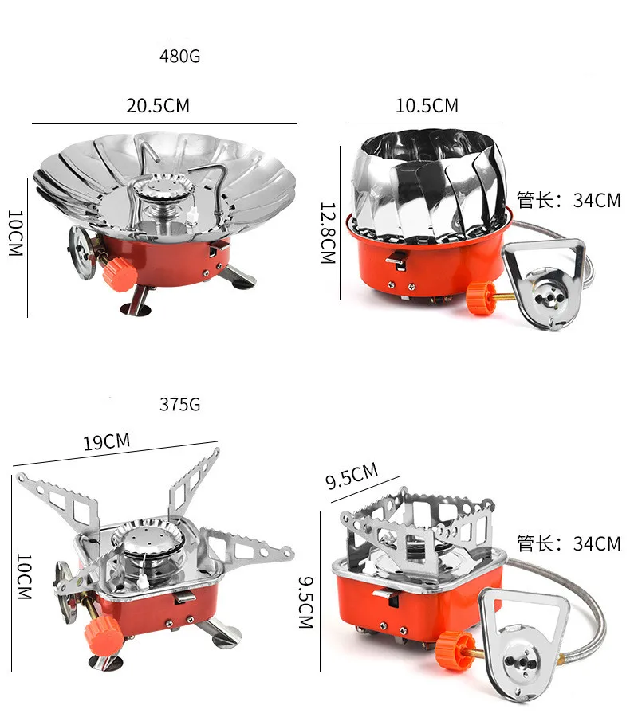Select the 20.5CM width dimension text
pyautogui.click(x=158, y=105)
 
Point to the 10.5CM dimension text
pyautogui.click(x=427, y=105)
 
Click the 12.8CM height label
pyautogui.click(x=328, y=233)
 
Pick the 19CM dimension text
pyautogui.click(x=106, y=441)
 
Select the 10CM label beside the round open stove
pyautogui.click(x=16, y=233)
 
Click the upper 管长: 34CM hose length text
pyautogui.click(x=569, y=200)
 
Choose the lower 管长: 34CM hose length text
pyautogui.click(x=569, y=544)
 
